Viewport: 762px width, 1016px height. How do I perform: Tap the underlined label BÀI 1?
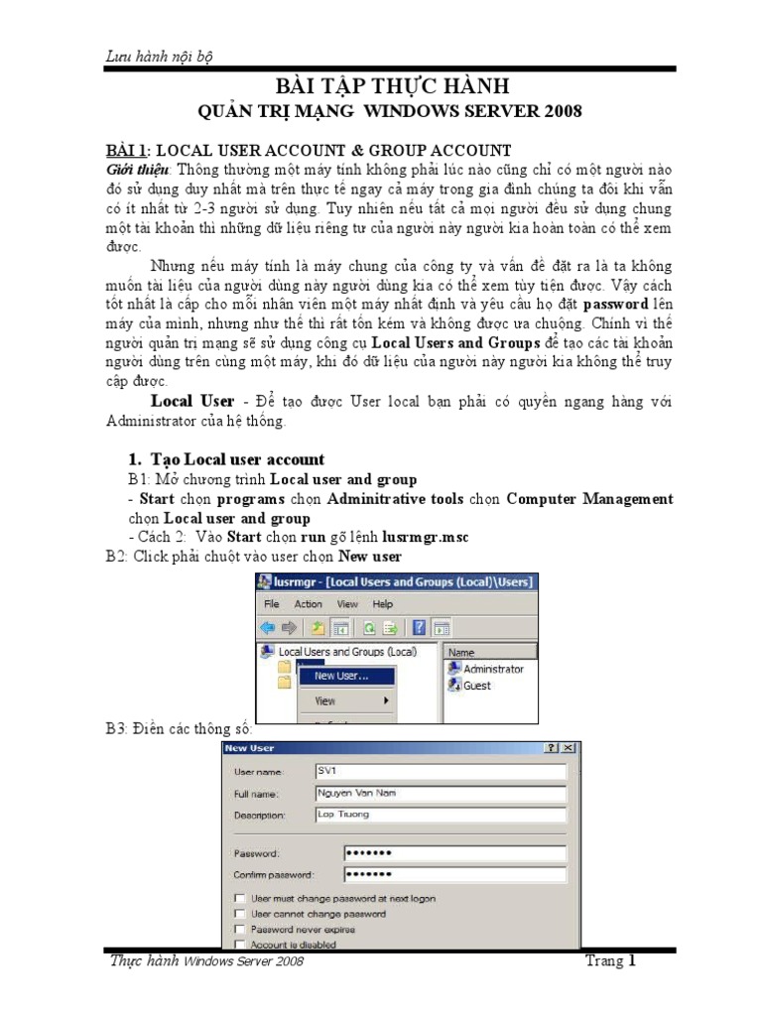(x=126, y=150)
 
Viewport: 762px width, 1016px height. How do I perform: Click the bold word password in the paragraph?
(x=616, y=303)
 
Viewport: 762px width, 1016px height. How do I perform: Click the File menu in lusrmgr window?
(x=270, y=603)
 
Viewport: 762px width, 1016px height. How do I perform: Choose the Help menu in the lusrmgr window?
(x=382, y=603)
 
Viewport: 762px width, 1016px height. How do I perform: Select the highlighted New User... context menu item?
(x=340, y=676)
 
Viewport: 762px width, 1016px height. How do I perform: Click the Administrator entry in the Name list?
(x=492, y=669)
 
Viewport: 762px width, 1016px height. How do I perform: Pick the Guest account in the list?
(x=476, y=686)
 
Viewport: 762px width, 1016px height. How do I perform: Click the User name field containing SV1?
(x=440, y=770)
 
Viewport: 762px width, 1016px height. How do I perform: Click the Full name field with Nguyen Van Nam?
(x=440, y=793)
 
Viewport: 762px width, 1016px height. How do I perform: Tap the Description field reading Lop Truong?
(x=440, y=815)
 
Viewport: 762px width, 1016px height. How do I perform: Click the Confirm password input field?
(x=454, y=874)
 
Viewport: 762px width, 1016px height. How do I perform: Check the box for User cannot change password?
(x=239, y=914)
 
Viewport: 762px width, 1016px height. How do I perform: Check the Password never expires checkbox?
(x=239, y=930)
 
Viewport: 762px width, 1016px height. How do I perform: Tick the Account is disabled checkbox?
(x=239, y=945)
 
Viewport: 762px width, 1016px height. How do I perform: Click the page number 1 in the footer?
(x=631, y=960)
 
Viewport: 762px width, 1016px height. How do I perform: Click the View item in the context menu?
(x=325, y=700)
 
